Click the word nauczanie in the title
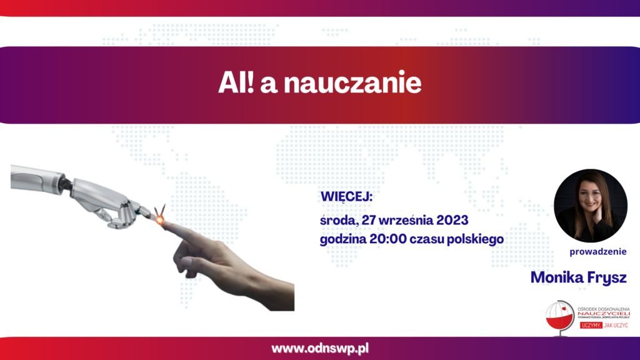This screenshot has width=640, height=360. click(x=352, y=83)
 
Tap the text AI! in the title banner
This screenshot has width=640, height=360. click(x=236, y=82)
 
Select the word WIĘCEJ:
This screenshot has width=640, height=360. click(x=346, y=197)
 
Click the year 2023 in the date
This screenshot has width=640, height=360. click(x=452, y=220)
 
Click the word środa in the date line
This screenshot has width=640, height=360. click(x=337, y=221)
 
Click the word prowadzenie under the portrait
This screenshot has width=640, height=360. click(x=598, y=252)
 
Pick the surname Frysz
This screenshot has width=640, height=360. click(x=607, y=278)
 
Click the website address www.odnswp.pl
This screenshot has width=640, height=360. click(x=320, y=349)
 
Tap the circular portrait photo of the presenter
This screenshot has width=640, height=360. click(x=591, y=206)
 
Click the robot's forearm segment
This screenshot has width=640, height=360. click(x=37, y=178)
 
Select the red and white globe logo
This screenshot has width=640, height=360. click(x=559, y=317)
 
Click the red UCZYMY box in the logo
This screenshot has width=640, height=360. click(x=591, y=325)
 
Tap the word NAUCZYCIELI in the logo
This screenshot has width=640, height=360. click(x=604, y=313)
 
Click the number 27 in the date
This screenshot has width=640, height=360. click(x=369, y=220)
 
